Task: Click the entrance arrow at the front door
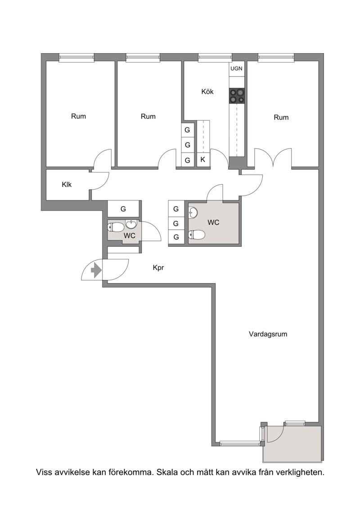(x=97, y=270)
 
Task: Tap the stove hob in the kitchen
(x=237, y=95)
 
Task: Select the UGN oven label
(x=236, y=68)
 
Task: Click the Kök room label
(x=207, y=91)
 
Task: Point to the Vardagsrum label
(x=268, y=334)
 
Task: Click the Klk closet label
(x=67, y=185)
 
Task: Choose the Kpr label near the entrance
(x=158, y=268)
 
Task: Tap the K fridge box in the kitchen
(x=203, y=159)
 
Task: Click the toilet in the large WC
(x=197, y=235)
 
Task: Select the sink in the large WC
(x=193, y=213)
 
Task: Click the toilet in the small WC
(x=116, y=227)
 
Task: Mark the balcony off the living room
(x=293, y=444)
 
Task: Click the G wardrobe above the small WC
(x=123, y=209)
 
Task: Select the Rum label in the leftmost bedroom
(x=78, y=116)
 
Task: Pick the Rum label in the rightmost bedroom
(x=281, y=117)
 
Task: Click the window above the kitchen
(x=215, y=58)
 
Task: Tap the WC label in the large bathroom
(x=213, y=222)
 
